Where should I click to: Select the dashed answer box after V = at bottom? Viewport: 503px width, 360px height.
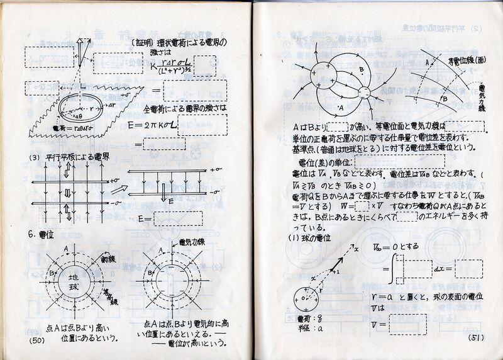point(407,323)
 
